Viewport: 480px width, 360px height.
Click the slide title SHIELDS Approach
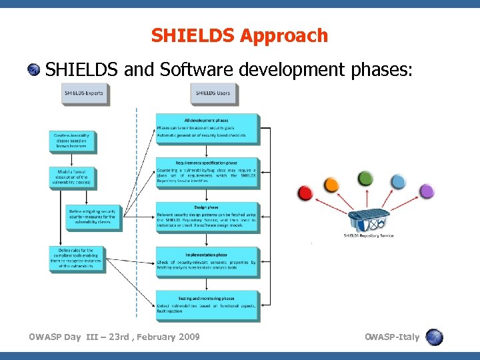click(x=239, y=35)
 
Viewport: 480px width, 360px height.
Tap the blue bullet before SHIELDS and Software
click(x=34, y=69)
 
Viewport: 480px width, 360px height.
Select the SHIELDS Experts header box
click(x=84, y=93)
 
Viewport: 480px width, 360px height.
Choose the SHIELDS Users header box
click(x=213, y=93)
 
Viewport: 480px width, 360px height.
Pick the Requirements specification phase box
click(x=207, y=173)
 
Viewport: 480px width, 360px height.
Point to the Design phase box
click(x=207, y=217)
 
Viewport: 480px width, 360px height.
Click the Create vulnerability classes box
click(x=73, y=141)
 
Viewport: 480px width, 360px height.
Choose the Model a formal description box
click(x=73, y=177)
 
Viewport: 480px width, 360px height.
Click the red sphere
click(x=305, y=193)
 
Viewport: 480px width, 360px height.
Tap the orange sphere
click(x=331, y=184)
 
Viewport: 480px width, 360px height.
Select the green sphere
click(x=365, y=178)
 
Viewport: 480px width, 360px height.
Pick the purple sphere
click(x=427, y=191)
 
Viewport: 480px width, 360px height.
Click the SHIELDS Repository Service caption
click(x=368, y=235)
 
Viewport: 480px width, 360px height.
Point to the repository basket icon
click(x=367, y=218)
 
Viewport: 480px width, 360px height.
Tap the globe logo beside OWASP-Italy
click(x=434, y=337)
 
